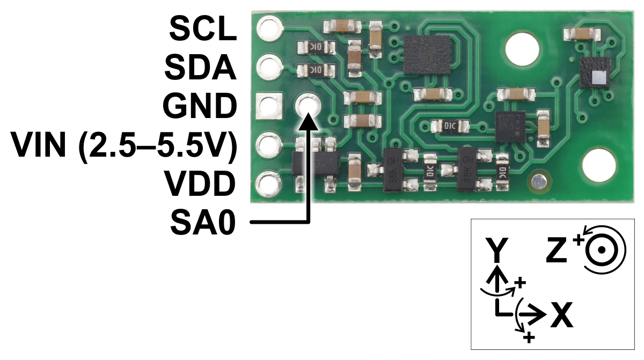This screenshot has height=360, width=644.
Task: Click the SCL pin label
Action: pyautogui.click(x=203, y=28)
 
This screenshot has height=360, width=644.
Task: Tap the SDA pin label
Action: pyautogui.click(x=200, y=67)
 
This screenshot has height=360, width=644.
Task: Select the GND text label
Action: pyautogui.click(x=200, y=106)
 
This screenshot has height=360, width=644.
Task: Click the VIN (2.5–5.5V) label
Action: pyautogui.click(x=123, y=145)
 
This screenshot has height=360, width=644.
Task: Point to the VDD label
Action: pyautogui.click(x=200, y=183)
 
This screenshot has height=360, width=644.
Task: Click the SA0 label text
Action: pyautogui.click(x=203, y=222)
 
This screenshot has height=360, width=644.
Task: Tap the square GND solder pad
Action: pyautogui.click(x=269, y=106)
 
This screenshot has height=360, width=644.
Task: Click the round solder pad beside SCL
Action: pyautogui.click(x=268, y=28)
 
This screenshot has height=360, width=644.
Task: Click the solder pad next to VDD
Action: pyautogui.click(x=268, y=183)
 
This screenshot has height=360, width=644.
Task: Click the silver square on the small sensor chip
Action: pyautogui.click(x=599, y=78)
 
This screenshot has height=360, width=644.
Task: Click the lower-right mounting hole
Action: pyautogui.click(x=599, y=166)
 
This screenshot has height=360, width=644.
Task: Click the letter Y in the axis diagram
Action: pyautogui.click(x=496, y=249)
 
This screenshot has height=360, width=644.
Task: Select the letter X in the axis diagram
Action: pyautogui.click(x=561, y=315)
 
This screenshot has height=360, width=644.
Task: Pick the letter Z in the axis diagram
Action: pyautogui.click(x=557, y=249)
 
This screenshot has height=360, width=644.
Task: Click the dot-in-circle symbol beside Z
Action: pyautogui.click(x=601, y=250)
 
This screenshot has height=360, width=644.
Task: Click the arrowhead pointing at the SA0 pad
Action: pyautogui.click(x=309, y=122)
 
